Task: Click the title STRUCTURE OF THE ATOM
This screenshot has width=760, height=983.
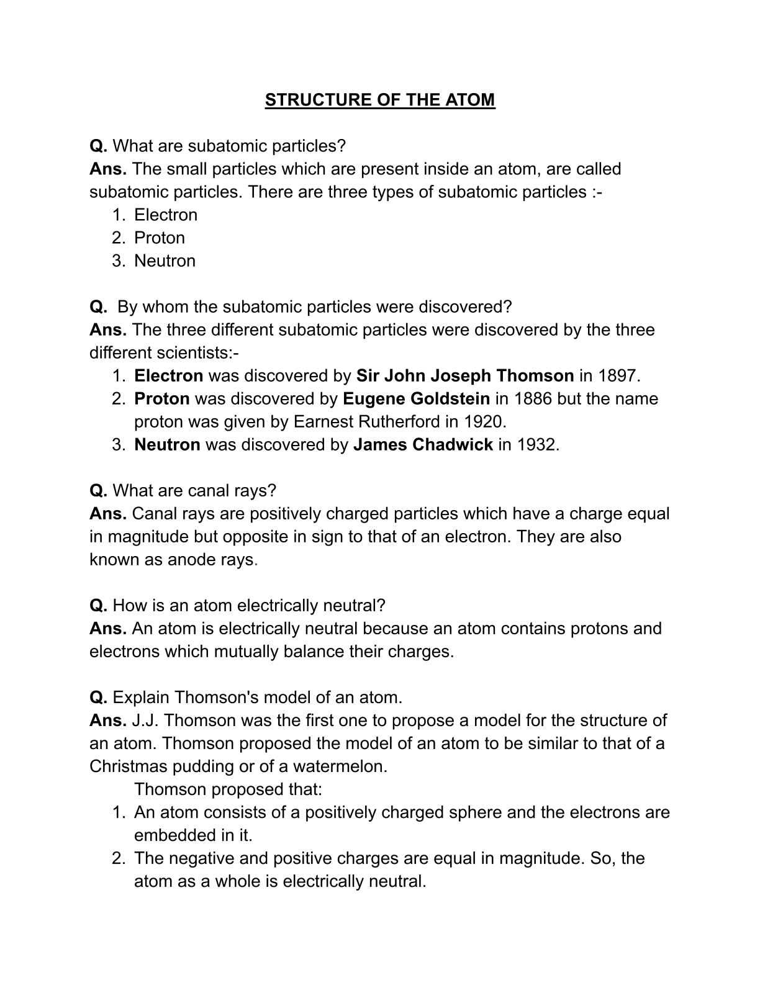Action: pyautogui.click(x=380, y=100)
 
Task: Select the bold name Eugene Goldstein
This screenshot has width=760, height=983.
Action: pyautogui.click(x=416, y=398)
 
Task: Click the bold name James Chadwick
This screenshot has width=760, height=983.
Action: pyautogui.click(x=423, y=444)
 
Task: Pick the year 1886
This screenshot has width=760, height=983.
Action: pyautogui.click(x=533, y=398)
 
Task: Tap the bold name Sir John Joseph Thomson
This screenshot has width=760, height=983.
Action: pyautogui.click(x=464, y=375)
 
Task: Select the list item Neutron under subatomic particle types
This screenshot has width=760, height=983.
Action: pyautogui.click(x=165, y=261)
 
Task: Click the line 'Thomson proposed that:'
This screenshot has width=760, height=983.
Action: pyautogui.click(x=228, y=789)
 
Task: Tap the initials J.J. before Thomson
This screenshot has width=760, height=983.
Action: pyautogui.click(x=145, y=720)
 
